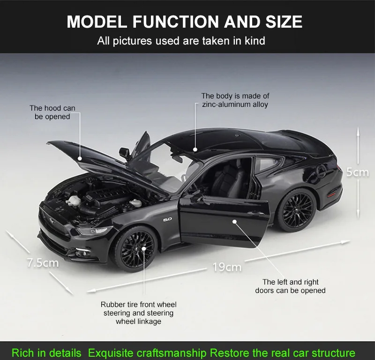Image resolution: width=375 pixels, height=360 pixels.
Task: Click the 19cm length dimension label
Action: click(x=227, y=267)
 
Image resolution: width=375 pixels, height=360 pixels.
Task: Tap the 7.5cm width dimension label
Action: click(x=43, y=262)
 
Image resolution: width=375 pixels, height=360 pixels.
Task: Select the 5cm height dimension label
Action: click(x=358, y=172)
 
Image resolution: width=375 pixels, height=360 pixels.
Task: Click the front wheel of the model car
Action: click(x=135, y=248)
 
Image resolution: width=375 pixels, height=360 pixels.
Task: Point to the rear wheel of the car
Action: click(x=295, y=211)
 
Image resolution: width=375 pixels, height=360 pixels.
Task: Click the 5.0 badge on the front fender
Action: click(x=168, y=219)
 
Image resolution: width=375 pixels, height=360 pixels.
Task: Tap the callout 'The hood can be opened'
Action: click(x=52, y=112)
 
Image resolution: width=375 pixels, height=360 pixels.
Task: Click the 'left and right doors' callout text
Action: click(x=290, y=286)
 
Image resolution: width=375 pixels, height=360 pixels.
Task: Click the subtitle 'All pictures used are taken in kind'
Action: click(x=181, y=41)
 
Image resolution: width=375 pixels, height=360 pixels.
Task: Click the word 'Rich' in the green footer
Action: click(x=23, y=352)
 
